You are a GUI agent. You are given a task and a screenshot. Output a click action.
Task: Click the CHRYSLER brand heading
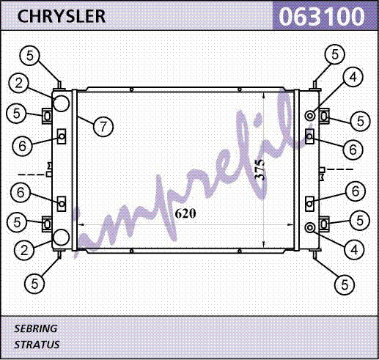click(x=62, y=16)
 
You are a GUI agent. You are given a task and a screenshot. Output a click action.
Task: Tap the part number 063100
click(x=322, y=16)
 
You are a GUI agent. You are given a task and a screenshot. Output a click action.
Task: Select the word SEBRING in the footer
click(x=36, y=328)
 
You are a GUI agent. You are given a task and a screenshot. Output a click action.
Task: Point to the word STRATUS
click(x=37, y=345)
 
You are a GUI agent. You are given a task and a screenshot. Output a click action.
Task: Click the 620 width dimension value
click(x=185, y=213)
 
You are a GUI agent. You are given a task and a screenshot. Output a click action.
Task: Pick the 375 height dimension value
click(x=260, y=170)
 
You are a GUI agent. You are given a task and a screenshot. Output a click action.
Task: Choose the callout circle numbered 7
click(x=103, y=127)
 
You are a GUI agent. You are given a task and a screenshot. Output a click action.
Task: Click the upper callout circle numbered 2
click(x=19, y=83)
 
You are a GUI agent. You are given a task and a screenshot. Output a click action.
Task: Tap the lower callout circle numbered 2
click(x=24, y=251)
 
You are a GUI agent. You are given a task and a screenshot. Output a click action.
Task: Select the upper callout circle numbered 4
click(x=353, y=77)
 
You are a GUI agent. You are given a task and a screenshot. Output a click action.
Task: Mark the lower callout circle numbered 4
click(x=354, y=250)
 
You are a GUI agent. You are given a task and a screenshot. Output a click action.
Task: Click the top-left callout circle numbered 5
click(x=29, y=56)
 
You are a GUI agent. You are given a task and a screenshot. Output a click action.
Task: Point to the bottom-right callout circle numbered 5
click(x=345, y=284)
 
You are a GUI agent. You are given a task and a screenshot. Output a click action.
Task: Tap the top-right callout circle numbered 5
click(x=335, y=54)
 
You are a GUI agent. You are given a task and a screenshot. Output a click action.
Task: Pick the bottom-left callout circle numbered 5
click(x=34, y=284)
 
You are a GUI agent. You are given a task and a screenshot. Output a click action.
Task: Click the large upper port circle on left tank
click(x=61, y=103)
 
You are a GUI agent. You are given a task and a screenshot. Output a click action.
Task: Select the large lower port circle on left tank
click(x=61, y=238)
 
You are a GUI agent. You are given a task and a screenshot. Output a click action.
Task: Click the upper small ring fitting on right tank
click(x=310, y=115)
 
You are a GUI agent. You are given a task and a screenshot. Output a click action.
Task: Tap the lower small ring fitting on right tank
click(x=310, y=228)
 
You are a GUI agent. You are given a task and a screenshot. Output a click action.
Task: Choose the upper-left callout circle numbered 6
click(x=22, y=146)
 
